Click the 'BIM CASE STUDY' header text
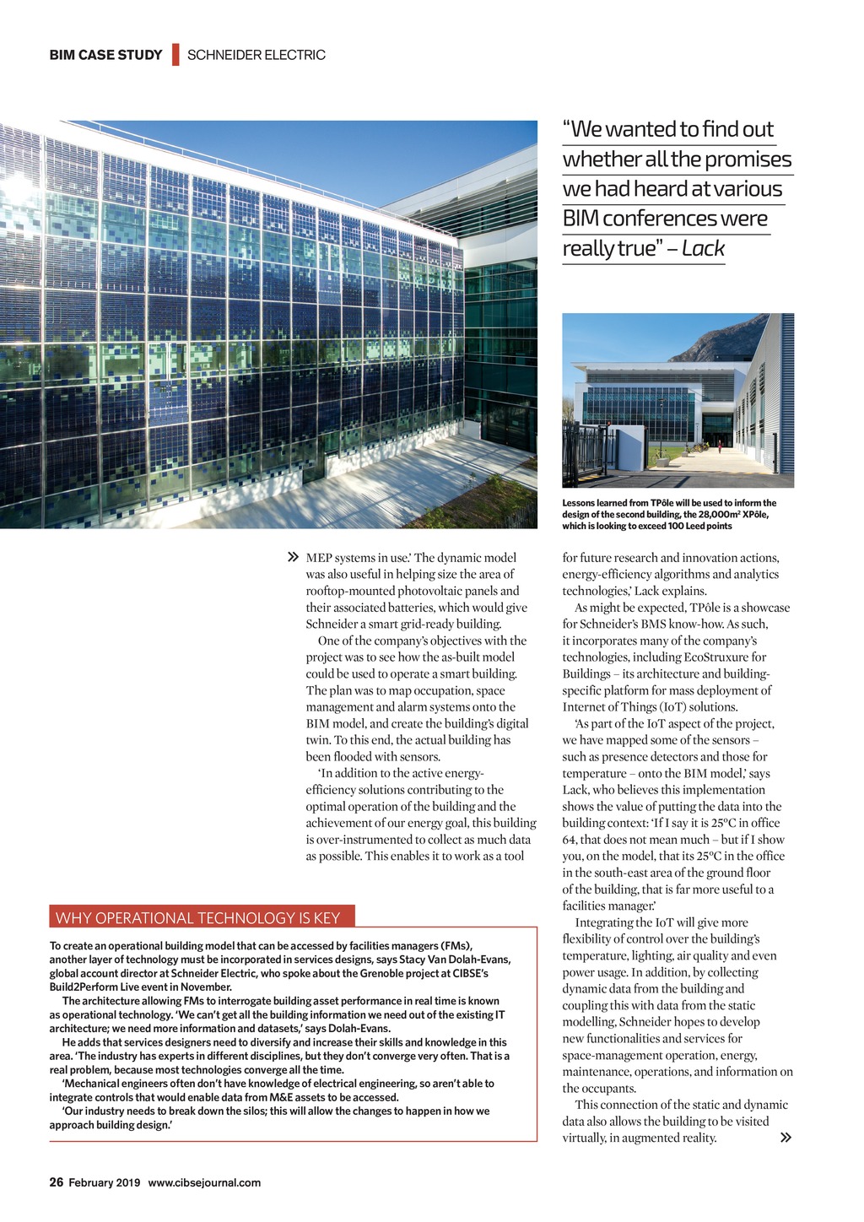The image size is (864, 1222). [x=105, y=55]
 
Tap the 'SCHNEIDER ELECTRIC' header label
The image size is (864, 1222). [x=256, y=55]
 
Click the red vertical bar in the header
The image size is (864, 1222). [x=175, y=54]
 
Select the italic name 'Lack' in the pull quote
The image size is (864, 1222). [x=703, y=248]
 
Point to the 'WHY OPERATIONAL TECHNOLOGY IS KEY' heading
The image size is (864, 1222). [x=197, y=917]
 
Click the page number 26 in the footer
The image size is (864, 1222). [x=57, y=1182]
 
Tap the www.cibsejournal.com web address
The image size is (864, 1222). [x=204, y=1182]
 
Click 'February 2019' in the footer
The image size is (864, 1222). [x=105, y=1182]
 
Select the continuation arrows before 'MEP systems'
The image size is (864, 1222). [x=293, y=558]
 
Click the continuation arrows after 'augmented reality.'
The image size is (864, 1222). [x=786, y=1138]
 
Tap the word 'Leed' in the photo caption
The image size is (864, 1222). [x=682, y=526]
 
